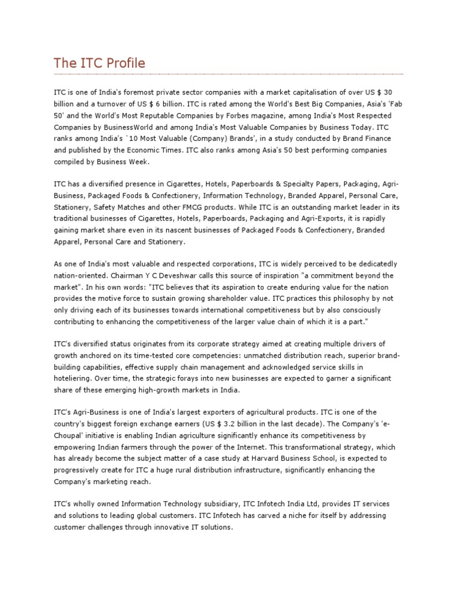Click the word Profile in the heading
[x=124, y=62]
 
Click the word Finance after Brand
[x=377, y=138]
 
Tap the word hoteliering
[x=72, y=378]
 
